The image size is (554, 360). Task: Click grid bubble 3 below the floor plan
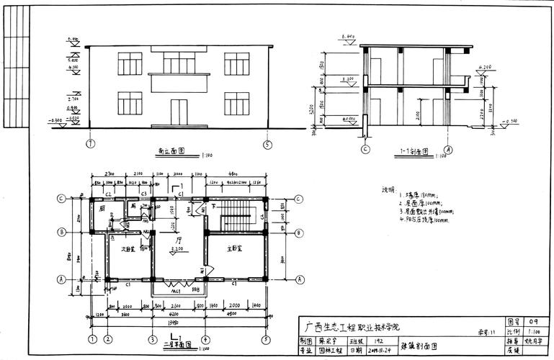coord(153,338)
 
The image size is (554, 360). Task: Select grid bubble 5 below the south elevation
coord(268,144)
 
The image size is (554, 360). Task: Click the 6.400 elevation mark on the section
coord(348,36)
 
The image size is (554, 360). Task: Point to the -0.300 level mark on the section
coord(509,121)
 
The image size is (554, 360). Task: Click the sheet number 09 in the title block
coord(533,320)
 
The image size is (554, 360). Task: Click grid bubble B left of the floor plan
coord(63,233)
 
